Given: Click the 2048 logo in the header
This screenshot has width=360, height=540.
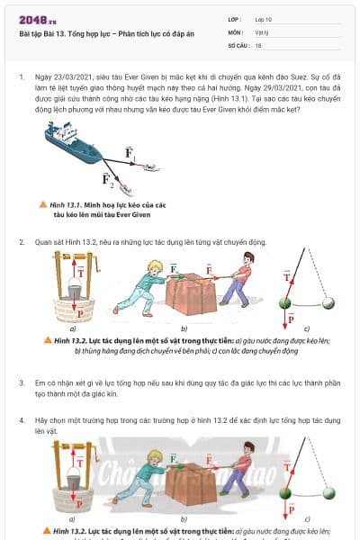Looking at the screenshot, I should click(x=37, y=19).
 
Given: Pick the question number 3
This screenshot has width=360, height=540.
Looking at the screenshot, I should click(x=22, y=383).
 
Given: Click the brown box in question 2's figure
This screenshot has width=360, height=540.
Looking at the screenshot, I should click(x=193, y=293).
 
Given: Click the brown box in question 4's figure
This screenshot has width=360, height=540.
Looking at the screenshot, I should click(x=193, y=485).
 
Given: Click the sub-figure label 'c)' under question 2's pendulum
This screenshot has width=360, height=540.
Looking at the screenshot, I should click(x=307, y=328).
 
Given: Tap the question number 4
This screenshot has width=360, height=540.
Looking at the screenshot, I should click(x=22, y=420).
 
